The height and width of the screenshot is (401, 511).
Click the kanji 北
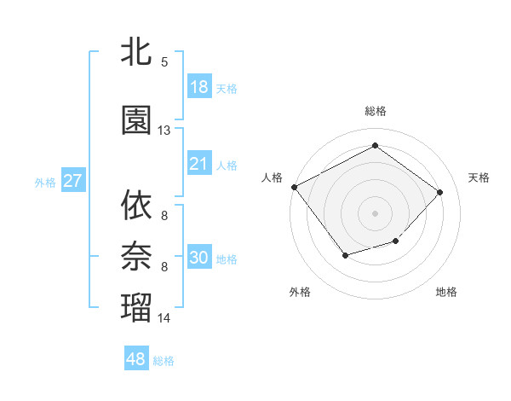pos(136,52)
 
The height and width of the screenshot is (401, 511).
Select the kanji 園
pos(136,120)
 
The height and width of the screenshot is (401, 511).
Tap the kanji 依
pos(136,205)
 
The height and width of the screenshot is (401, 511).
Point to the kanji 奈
pos(136,255)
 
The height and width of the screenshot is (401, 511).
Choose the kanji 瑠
pos(136,307)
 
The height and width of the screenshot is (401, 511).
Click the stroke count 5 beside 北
pos(164,62)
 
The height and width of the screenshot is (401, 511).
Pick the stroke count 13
pos(164,131)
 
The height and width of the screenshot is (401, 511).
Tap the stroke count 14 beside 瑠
pos(164,318)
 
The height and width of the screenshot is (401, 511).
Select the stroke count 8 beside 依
pos(164,215)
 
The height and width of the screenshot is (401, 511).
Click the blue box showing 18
pos(198,87)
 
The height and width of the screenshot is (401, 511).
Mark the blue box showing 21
pos(198,164)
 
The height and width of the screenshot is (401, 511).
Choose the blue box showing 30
pos(198,258)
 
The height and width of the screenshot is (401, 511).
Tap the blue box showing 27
pos(72,181)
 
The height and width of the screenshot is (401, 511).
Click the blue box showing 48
pos(136,359)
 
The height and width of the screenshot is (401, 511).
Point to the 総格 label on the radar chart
pos(375,111)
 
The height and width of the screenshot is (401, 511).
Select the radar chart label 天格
pos(479,177)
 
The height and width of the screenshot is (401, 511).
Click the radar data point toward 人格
pos(294,186)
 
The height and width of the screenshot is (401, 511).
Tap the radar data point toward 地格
pos(395,241)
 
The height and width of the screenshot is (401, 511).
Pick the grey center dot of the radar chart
pos(375,212)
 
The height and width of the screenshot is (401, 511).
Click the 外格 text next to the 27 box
pos(44,182)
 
